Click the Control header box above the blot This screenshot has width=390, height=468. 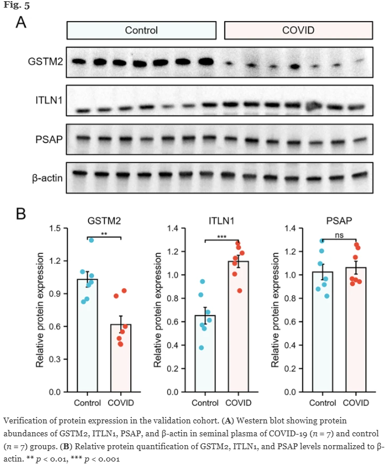[x=141, y=30]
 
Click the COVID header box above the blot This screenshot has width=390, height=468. [x=298, y=30]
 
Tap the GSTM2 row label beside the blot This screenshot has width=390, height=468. [x=45, y=61]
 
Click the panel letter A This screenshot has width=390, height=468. [x=21, y=22]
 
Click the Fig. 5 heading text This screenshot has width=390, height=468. [x=15, y=6]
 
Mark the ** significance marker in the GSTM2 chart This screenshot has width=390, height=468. [x=104, y=234]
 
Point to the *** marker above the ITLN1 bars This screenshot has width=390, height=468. [x=221, y=236]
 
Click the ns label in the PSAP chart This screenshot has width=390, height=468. [x=338, y=236]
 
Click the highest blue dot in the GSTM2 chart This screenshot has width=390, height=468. [x=91, y=240]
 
